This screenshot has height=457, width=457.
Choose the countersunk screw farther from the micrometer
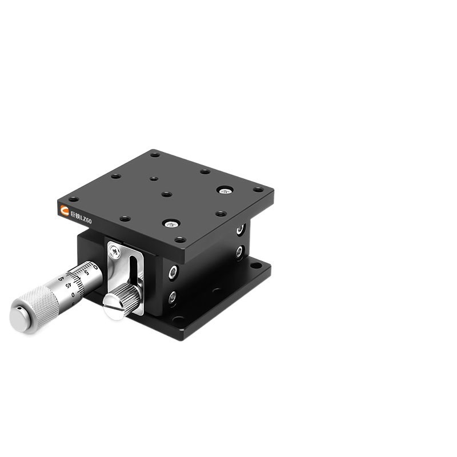[225, 190]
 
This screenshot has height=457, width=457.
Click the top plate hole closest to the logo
[74, 199]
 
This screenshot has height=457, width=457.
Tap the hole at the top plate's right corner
[258, 189]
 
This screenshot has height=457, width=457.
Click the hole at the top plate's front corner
[179, 239]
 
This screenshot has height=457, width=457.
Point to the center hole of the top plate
[166, 194]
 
